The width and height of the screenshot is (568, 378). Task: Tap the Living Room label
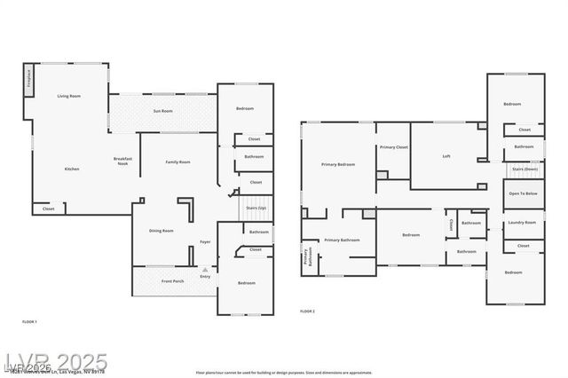69,96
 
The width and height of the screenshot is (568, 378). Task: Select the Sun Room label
162,111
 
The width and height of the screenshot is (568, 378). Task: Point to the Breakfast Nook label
122,161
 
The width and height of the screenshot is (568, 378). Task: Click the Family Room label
178,162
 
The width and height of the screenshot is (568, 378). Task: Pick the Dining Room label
162,231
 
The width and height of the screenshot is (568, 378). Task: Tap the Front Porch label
173,282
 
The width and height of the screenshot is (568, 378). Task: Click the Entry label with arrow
205,274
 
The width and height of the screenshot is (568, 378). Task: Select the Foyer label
205,241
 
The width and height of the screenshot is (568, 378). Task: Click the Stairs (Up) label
256,208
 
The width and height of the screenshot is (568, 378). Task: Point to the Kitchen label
72,169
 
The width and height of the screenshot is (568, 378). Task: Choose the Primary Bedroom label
338,165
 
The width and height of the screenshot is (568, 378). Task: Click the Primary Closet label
393,147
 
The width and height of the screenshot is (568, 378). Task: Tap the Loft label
446,157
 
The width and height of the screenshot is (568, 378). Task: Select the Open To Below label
524,193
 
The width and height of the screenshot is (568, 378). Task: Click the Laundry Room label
523,223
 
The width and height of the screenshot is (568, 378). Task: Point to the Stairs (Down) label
525,169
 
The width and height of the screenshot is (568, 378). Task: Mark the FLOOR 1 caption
29,320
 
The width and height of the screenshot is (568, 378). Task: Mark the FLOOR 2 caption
307,311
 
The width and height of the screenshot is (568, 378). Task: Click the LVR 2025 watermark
55,362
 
